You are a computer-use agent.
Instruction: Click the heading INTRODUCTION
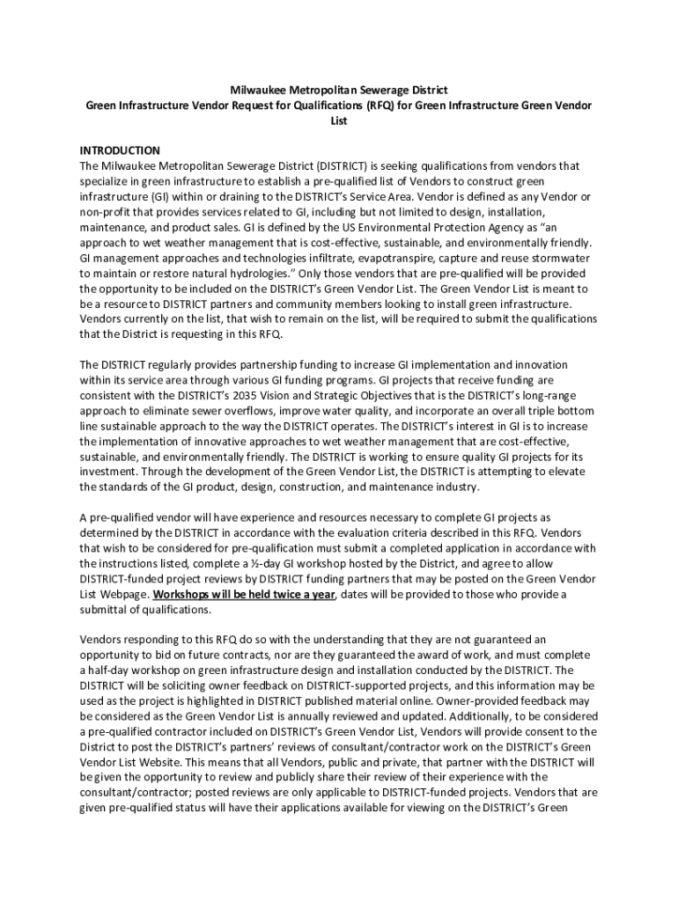point(120,150)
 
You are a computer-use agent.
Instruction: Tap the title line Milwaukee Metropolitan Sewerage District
point(339,91)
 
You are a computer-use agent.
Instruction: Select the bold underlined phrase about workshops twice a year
point(244,594)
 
